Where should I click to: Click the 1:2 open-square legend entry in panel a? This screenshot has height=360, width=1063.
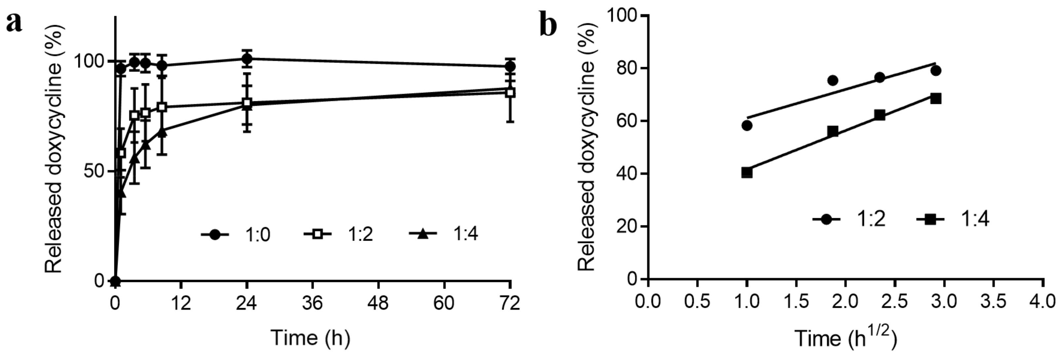click(x=338, y=234)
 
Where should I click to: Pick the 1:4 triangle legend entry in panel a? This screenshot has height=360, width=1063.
click(x=444, y=234)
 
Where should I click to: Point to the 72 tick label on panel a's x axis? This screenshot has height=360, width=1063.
click(x=510, y=303)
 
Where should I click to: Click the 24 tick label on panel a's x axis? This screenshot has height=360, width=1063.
click(x=247, y=303)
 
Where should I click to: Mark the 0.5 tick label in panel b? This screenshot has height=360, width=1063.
click(x=697, y=302)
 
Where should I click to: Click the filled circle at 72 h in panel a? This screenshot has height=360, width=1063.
click(x=510, y=66)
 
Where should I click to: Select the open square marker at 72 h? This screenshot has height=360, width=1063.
click(x=510, y=93)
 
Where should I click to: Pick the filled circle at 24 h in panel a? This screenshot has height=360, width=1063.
click(x=247, y=59)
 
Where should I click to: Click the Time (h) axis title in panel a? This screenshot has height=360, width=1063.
click(x=310, y=338)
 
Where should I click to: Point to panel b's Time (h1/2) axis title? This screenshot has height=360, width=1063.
click(x=846, y=338)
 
